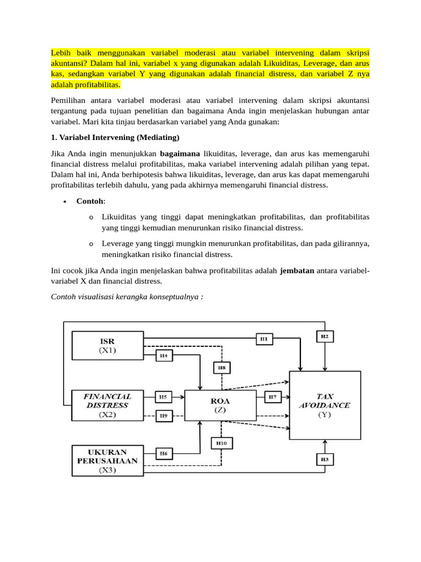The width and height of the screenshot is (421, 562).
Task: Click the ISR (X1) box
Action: (108, 345)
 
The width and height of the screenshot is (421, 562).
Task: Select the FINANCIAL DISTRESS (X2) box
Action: (108, 405)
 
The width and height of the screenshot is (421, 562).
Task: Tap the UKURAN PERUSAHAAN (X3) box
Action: (108, 460)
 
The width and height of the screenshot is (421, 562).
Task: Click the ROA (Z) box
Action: (220, 405)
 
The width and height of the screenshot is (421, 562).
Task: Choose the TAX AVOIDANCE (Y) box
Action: (325, 405)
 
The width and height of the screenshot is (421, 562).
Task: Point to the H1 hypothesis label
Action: (264, 339)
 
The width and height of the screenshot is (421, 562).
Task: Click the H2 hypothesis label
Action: (325, 336)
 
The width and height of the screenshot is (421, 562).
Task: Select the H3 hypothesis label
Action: (325, 459)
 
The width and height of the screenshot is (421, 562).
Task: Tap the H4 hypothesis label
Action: (163, 356)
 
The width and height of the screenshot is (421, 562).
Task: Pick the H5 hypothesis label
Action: (163, 396)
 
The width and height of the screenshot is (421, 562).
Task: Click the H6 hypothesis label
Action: (163, 453)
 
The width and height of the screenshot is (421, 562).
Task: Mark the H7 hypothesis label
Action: (272, 396)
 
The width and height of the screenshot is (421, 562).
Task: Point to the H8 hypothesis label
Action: (221, 367)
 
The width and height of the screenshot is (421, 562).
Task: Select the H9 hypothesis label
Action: (163, 416)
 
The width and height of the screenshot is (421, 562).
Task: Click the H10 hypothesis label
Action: (221, 442)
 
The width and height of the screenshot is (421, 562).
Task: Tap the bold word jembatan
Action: (297, 271)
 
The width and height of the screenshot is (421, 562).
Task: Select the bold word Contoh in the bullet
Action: (90, 201)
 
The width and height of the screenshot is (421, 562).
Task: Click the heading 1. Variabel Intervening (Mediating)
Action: (115, 137)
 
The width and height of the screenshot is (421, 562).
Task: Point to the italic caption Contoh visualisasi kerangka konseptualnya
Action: (127, 297)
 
